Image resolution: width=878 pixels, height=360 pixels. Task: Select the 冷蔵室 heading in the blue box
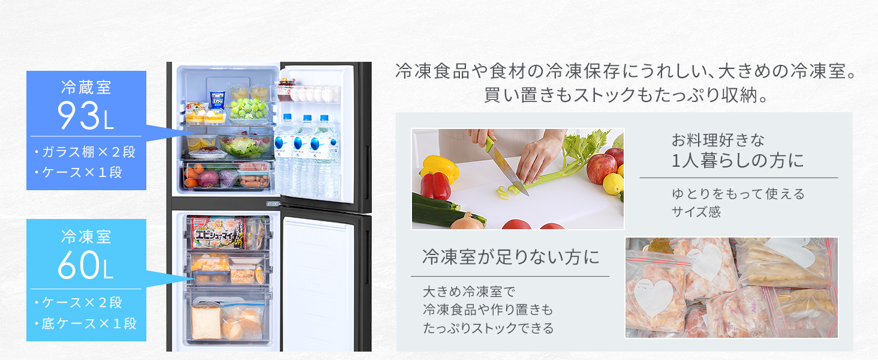[86, 88]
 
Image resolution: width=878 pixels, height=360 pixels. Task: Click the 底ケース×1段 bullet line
[85, 324]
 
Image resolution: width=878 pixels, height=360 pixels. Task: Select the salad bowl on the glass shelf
[245, 146]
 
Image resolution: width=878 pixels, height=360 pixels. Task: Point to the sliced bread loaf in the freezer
[205, 322]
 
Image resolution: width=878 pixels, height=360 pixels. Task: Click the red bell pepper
[437, 186]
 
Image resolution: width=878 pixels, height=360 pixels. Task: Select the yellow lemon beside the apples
[613, 184]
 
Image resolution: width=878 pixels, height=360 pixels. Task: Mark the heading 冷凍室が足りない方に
[510, 258]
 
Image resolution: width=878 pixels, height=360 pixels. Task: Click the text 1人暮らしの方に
[738, 161]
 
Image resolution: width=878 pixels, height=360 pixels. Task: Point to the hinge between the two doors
[273, 203]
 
